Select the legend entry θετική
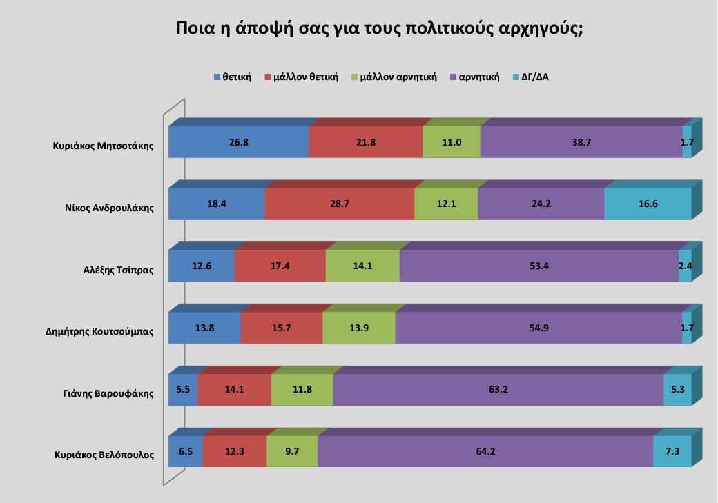232,77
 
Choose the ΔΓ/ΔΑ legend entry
530,77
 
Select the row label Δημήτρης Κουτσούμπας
95,332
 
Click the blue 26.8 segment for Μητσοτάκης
238,143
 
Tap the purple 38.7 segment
581,143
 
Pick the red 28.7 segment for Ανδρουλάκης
339,205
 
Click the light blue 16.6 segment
648,205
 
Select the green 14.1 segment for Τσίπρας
362,266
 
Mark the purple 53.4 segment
538,266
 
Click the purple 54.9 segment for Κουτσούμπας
538,328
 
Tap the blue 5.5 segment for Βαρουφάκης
183,390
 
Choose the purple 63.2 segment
498,390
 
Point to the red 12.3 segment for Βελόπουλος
235,452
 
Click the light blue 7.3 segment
672,452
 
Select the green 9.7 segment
292,452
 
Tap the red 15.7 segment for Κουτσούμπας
281,328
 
